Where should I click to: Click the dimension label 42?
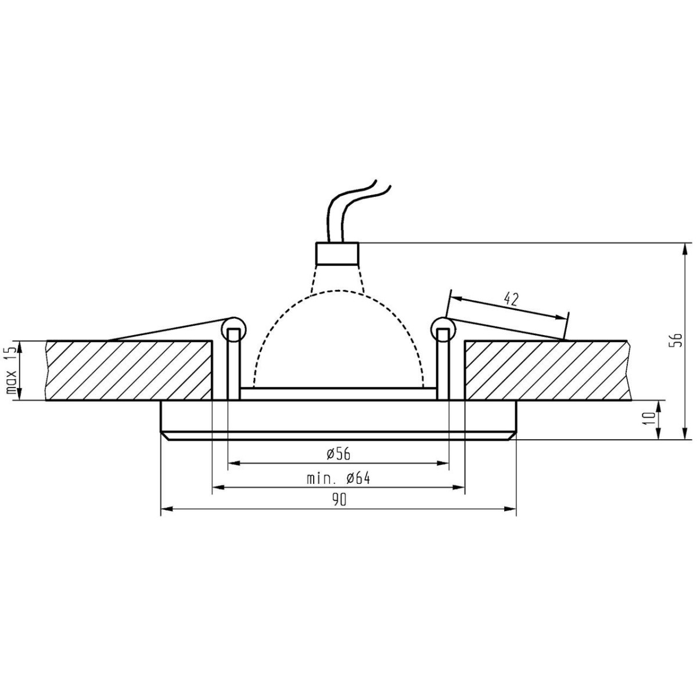coord(511,300)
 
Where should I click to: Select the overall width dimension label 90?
coord(339,500)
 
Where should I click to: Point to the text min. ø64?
coord(338,479)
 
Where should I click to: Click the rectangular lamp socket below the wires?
coord(337,253)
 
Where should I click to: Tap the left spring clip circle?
coord(233,329)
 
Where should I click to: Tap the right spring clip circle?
coord(443,329)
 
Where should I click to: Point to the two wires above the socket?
coord(354,209)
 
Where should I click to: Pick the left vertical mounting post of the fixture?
coord(233,366)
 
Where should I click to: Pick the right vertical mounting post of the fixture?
coord(443,366)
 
